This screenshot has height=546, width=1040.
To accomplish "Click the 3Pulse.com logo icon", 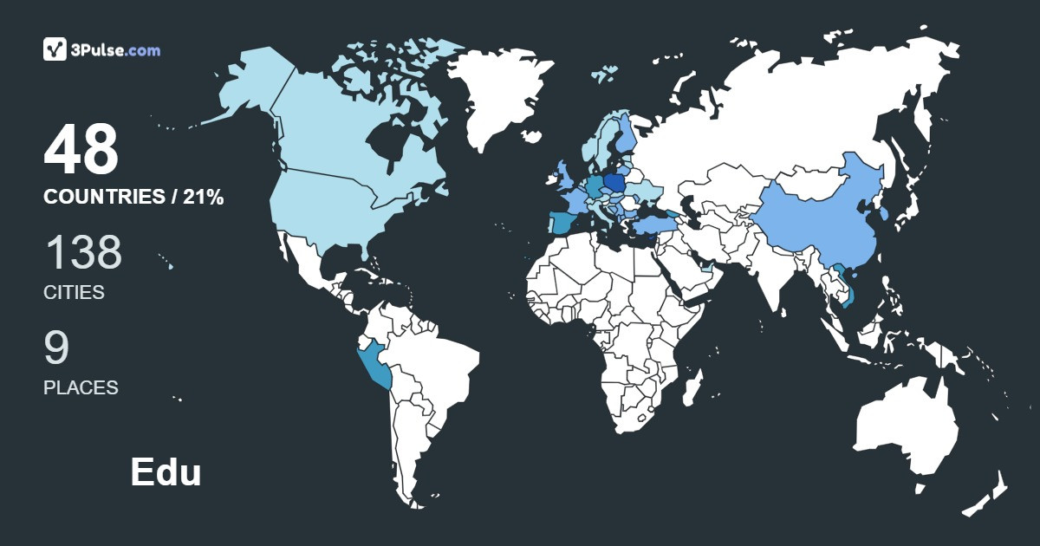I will [x=55, y=49].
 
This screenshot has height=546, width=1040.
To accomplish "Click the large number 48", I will [x=81, y=151].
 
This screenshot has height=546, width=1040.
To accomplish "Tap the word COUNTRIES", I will [x=103, y=198].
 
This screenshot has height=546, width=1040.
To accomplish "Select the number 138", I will [x=83, y=252].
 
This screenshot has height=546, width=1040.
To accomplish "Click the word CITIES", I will [x=74, y=293].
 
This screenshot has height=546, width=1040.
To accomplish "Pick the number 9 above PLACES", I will [x=56, y=348].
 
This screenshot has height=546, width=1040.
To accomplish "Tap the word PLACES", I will [x=81, y=388].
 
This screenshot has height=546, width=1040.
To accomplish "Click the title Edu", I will [x=166, y=472].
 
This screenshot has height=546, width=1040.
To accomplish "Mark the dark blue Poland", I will [x=616, y=183].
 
